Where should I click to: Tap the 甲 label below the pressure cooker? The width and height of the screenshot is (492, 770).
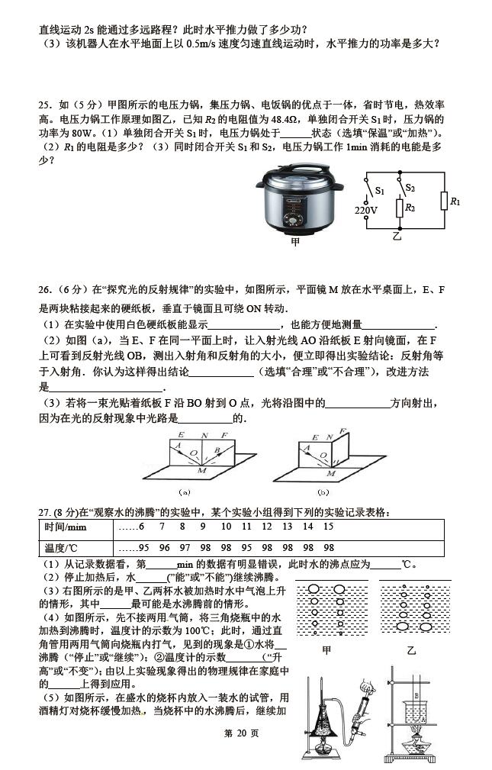click(295, 243)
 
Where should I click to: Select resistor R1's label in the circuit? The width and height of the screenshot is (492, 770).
click(455, 201)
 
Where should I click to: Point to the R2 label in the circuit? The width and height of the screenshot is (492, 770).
click(410, 207)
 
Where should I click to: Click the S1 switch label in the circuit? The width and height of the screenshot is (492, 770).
click(379, 190)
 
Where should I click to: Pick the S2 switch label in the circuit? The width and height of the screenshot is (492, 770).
click(410, 187)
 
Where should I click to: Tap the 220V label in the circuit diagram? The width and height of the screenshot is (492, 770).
click(365, 210)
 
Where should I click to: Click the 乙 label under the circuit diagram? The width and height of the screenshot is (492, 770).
click(396, 237)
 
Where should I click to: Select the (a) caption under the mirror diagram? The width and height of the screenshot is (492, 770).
click(184, 491)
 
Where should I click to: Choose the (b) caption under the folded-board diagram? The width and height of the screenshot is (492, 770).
click(323, 491)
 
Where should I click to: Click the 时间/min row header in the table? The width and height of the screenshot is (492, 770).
click(66, 527)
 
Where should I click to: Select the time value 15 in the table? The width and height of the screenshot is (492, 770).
click(328, 527)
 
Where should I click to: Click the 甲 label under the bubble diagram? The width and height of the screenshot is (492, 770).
click(326, 650)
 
